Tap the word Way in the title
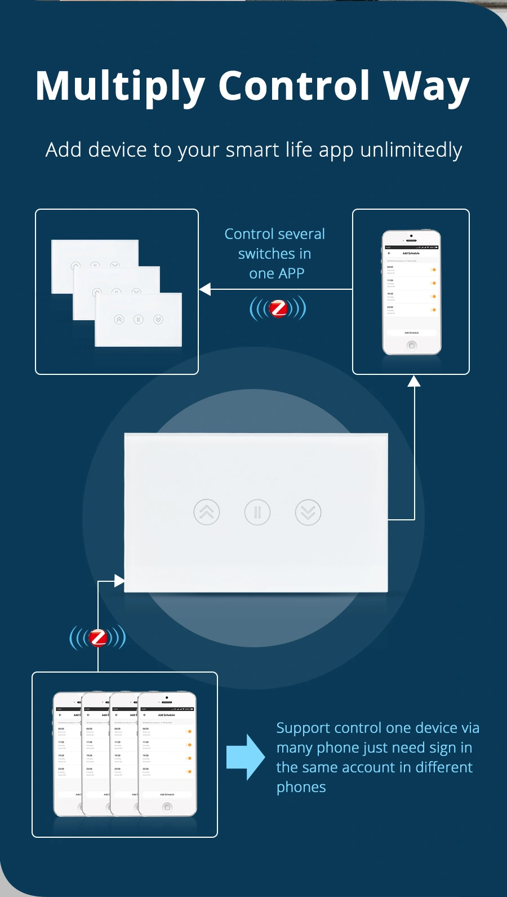(x=426, y=86)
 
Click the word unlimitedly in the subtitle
(x=411, y=150)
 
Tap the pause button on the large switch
(x=257, y=512)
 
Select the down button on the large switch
(x=308, y=512)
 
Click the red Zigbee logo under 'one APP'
(x=278, y=308)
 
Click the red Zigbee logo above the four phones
(x=98, y=638)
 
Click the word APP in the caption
(x=291, y=273)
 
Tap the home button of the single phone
(x=412, y=346)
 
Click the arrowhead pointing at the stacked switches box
(x=205, y=289)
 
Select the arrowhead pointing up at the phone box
(x=414, y=382)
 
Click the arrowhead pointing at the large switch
(x=119, y=581)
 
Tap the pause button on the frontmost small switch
(x=139, y=320)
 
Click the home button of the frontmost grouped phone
(x=167, y=807)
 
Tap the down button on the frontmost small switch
(x=158, y=320)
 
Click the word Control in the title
(x=294, y=86)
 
